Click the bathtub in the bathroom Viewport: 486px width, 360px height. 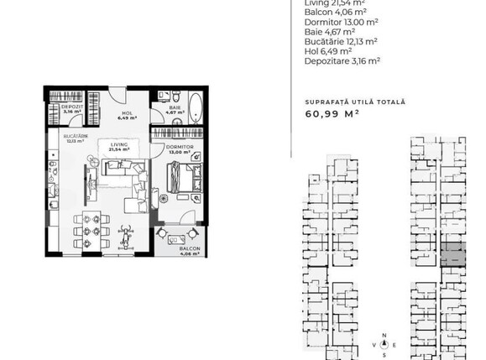pos(195,109)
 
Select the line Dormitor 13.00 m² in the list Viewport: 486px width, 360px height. pos(341,20)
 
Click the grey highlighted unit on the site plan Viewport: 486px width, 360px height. pos(453,254)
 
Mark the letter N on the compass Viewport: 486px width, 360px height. pos(384,336)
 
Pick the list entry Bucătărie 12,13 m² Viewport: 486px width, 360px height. pos(340,39)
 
